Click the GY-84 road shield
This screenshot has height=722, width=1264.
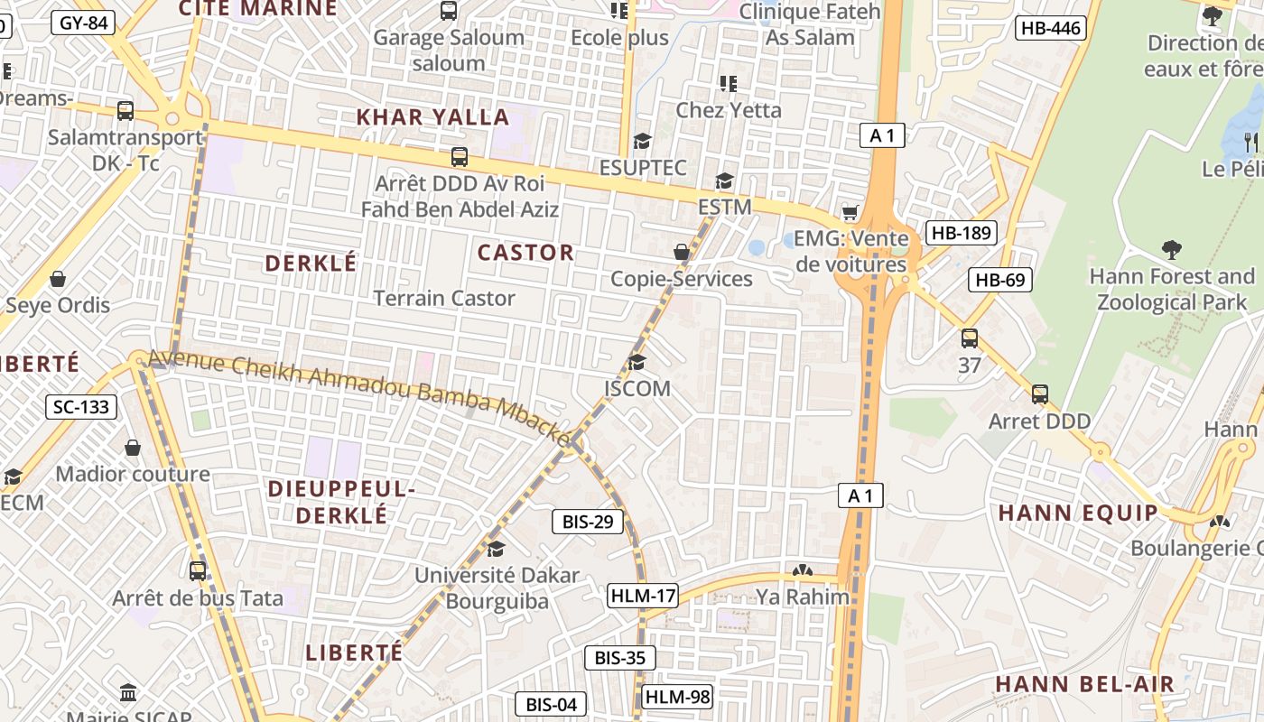84,23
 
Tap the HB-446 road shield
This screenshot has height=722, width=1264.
1050,28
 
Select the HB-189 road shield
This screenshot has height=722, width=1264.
962,233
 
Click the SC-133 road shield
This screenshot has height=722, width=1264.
81,407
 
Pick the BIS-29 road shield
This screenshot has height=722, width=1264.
588,522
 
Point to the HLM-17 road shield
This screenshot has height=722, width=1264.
643,596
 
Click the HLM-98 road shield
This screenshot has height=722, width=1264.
677,697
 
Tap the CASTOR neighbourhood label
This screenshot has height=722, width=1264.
525,253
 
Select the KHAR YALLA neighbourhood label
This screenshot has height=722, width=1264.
432,117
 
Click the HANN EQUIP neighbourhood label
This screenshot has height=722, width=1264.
1077,514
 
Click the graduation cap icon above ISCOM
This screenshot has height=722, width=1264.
637,363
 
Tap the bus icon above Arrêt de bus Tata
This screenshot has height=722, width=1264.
198,571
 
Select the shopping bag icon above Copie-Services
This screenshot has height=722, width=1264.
682,252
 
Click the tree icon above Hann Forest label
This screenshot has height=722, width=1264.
1172,249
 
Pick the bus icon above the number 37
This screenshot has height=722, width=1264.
969,339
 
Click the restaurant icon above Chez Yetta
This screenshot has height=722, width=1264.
729,84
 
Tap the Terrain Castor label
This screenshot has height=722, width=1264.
444,299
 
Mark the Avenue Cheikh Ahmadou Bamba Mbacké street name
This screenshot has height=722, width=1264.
361,398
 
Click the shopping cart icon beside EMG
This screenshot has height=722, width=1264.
850,213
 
